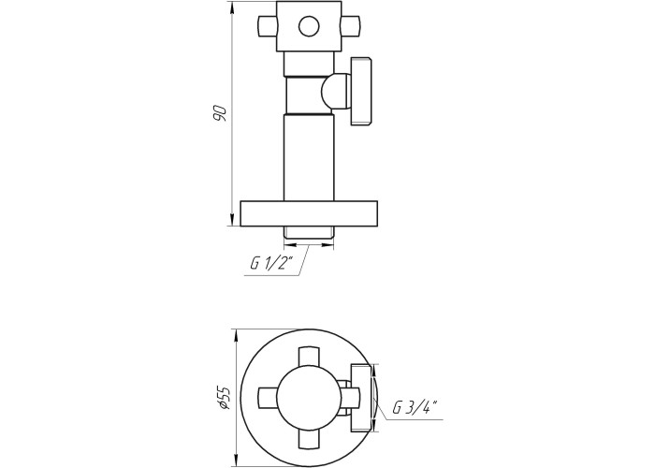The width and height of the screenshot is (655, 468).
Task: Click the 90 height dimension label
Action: (220, 113)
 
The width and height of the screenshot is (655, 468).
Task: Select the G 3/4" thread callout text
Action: (415, 406)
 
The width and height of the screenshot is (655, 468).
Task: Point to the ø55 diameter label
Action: (224, 397)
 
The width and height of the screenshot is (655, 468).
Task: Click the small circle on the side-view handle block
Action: (309, 27)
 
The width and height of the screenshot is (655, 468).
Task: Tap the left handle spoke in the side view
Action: (268, 27)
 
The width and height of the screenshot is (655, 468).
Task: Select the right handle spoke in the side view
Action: (351, 27)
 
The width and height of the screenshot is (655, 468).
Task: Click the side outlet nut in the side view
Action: (361, 91)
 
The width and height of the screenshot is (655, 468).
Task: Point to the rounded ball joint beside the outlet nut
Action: (337, 91)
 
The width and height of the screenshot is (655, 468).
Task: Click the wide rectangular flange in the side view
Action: (309, 213)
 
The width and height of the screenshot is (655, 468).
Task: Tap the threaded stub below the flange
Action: (309, 232)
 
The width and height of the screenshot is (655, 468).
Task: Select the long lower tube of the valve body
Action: (309, 157)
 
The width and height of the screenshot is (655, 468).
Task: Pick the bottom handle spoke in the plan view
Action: (309, 440)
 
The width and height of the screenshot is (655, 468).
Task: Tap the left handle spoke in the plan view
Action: (268, 398)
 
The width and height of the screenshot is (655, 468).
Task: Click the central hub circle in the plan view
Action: (309, 398)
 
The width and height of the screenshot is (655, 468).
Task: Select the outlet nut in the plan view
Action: (362, 398)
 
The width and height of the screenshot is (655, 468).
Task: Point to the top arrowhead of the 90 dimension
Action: (233, 7)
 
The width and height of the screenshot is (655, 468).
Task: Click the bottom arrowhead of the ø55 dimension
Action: (237, 461)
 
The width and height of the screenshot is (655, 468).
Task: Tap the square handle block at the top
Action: (309, 27)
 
